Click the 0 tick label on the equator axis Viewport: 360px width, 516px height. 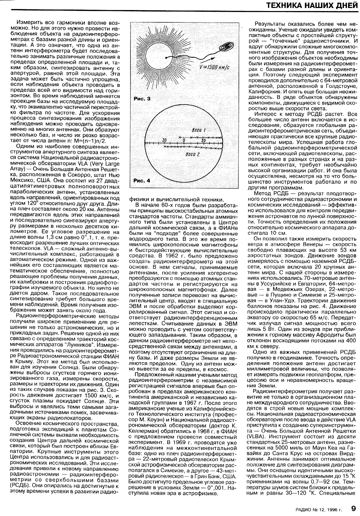click(x=183, y=140)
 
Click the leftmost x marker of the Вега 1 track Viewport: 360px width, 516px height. click(x=180, y=137)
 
